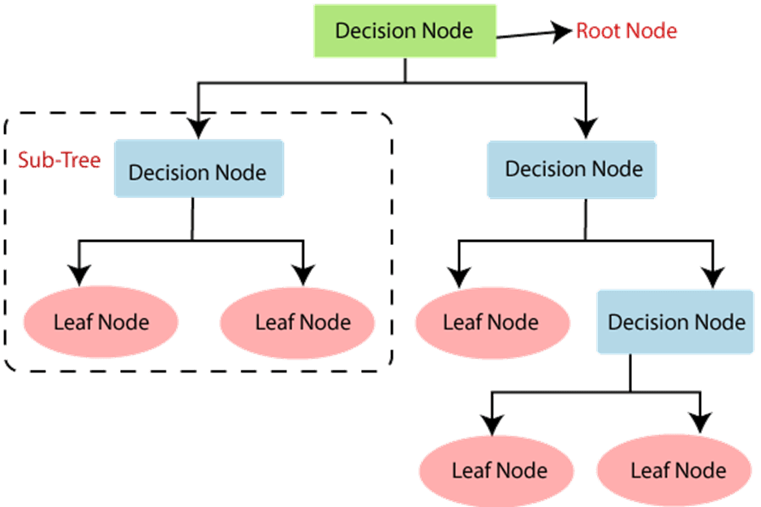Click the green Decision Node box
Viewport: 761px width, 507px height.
(x=405, y=31)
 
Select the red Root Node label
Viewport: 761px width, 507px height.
(x=626, y=31)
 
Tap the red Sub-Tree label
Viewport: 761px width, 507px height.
(x=59, y=160)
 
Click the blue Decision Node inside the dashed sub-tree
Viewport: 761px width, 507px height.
(x=199, y=169)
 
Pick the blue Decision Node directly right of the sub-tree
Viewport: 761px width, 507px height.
(x=572, y=170)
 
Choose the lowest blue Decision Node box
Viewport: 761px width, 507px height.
(x=675, y=322)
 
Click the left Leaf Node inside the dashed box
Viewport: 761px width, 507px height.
(x=101, y=322)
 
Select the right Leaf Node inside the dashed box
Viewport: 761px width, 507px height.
(x=297, y=323)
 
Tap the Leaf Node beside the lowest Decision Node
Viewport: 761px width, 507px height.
(x=492, y=323)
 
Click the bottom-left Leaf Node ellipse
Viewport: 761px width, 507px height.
(x=497, y=470)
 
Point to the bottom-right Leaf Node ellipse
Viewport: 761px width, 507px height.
(x=674, y=470)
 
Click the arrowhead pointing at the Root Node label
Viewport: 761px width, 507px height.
(x=561, y=32)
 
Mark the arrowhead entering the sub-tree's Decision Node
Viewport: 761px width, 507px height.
(x=199, y=128)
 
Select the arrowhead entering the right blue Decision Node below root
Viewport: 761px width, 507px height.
(x=586, y=128)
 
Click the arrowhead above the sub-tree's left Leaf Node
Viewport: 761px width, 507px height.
(x=80, y=275)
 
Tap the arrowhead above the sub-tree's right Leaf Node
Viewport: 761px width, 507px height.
(x=303, y=275)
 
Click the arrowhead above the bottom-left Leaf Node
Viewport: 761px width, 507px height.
(x=492, y=425)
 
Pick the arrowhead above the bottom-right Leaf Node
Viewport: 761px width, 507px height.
(x=700, y=423)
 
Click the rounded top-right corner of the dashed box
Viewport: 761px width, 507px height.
(x=387, y=118)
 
